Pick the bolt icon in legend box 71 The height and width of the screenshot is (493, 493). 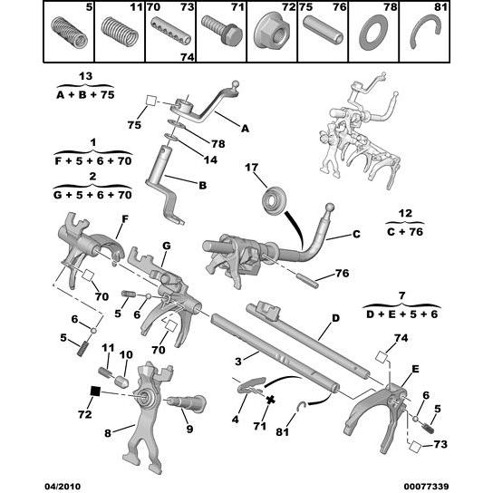pos(218,37)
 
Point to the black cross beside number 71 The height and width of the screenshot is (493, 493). pos(271,399)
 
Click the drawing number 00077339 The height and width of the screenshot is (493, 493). pos(450,485)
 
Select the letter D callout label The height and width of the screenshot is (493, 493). pos(334,318)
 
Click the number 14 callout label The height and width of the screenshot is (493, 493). pos(185,159)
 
